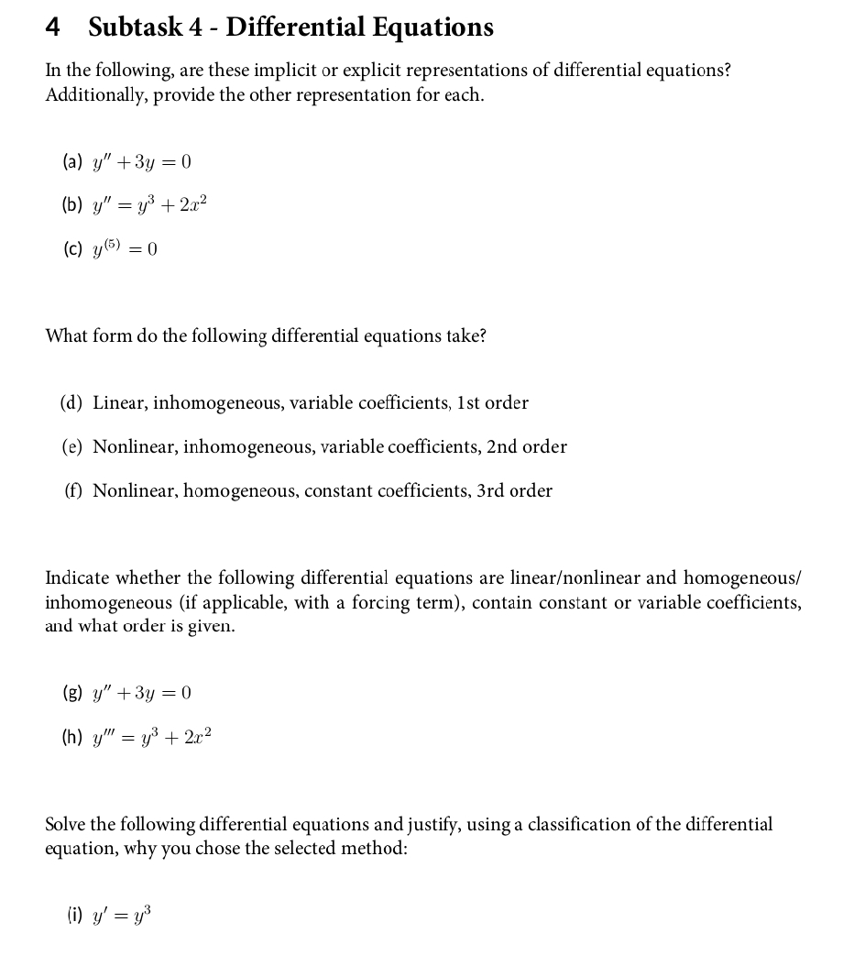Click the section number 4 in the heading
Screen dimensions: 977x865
click(x=53, y=27)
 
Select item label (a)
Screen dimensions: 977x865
click(x=72, y=163)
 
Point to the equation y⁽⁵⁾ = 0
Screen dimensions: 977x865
click(x=125, y=248)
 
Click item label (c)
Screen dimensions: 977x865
click(x=72, y=249)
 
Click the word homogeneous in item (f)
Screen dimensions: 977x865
click(x=239, y=490)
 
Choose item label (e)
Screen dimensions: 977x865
click(x=72, y=446)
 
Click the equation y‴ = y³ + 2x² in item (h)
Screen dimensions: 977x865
click(x=155, y=736)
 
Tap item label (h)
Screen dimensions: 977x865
click(x=72, y=736)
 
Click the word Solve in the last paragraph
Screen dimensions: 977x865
click(x=67, y=824)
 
